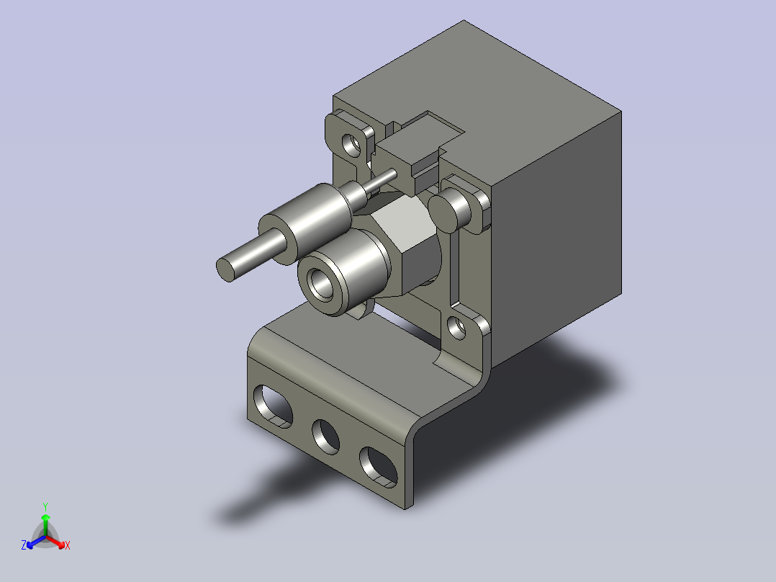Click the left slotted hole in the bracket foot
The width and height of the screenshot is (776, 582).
(274, 405)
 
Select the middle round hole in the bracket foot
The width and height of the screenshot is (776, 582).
(325, 435)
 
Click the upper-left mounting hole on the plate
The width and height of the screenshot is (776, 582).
(352, 143)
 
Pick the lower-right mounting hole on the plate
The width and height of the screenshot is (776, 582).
(456, 328)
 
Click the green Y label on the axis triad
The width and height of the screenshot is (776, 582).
(45, 506)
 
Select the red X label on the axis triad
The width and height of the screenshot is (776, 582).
(67, 545)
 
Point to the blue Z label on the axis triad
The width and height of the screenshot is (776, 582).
(24, 545)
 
